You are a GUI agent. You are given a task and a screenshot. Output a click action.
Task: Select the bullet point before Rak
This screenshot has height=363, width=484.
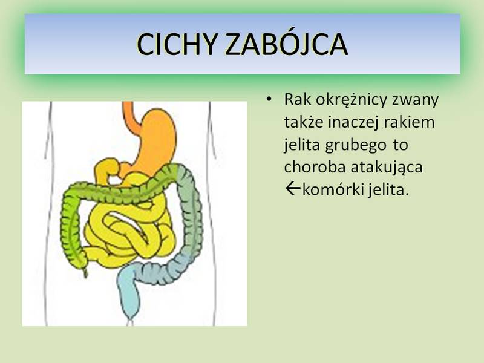[269, 99]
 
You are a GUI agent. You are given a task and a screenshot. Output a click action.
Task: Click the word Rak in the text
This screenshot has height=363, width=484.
[298, 99]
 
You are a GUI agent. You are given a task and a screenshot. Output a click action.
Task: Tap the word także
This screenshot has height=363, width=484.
[304, 122]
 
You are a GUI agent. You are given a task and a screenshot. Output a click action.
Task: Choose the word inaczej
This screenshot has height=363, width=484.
[353, 123]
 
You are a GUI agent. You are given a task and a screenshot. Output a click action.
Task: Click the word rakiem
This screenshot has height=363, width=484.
[410, 122]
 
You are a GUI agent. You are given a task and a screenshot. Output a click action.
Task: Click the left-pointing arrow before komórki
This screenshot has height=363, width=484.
[293, 189]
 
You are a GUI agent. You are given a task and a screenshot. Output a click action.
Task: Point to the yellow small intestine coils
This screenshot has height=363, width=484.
[129, 229]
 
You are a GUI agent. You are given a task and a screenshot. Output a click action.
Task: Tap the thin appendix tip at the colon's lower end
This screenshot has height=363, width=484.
[85, 272]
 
